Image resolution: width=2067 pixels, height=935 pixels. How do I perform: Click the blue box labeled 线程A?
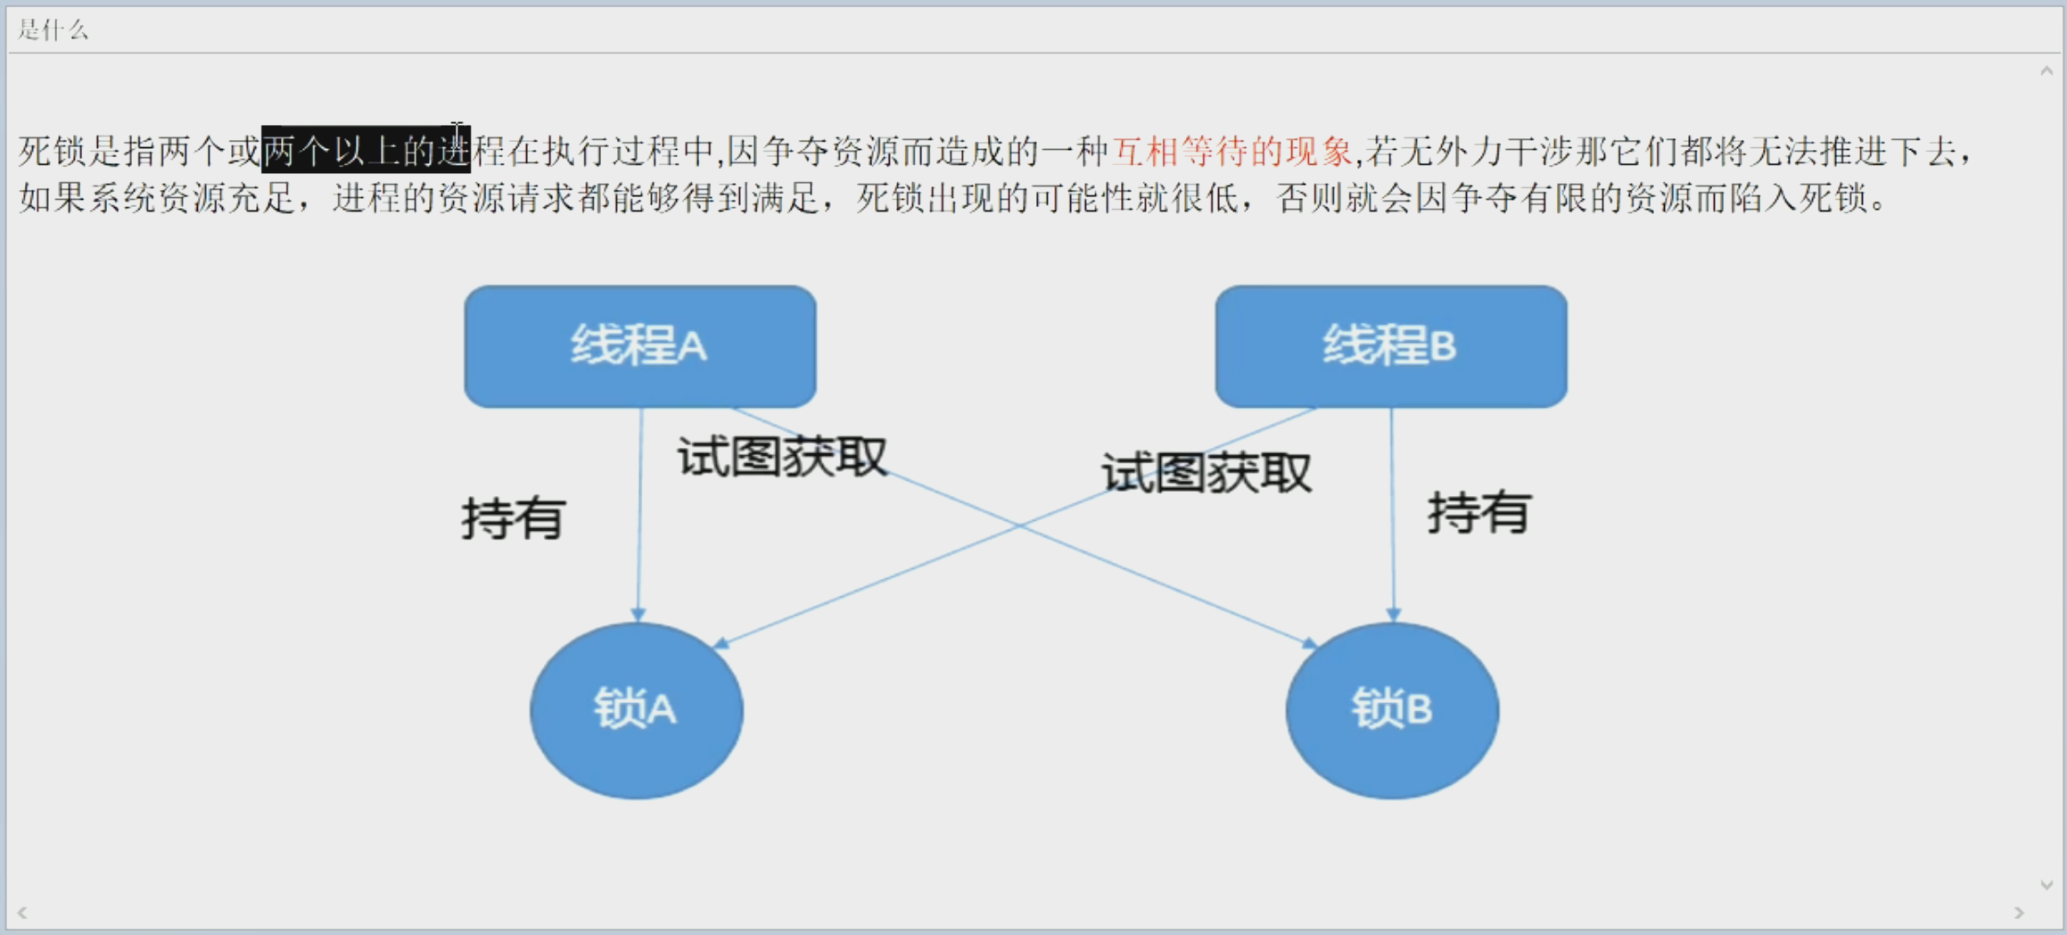pos(639,346)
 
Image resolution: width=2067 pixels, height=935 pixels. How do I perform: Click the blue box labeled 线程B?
pos(1390,346)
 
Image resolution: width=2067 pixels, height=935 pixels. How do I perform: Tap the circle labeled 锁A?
pos(636,710)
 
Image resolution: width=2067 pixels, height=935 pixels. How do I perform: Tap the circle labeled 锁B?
pos(1391,710)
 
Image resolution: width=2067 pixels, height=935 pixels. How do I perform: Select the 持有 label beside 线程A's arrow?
pos(514,517)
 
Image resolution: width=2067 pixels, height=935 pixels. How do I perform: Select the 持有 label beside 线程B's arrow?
pos(1478,512)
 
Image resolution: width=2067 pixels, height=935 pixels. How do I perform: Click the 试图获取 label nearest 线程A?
pos(782,457)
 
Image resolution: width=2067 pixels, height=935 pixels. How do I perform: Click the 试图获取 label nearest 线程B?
pos(1206,473)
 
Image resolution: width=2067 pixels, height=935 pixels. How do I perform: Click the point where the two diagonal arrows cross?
pos(1020,525)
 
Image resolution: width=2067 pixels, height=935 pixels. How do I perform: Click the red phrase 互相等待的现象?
pos(1231,152)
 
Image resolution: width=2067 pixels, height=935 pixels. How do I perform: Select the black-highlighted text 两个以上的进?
pos(366,151)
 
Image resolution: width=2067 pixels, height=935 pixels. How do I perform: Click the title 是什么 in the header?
pos(53,30)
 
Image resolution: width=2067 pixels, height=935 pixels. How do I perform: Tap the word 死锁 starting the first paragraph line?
pos(53,152)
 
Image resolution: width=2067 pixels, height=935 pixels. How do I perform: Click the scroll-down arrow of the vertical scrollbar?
pos(2046,885)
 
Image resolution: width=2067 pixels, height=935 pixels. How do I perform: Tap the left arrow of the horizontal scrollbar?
pos(22,913)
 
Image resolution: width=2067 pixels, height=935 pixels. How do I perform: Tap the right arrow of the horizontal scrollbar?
pos(2019,913)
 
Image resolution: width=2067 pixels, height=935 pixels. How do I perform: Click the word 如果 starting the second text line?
pos(53,198)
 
